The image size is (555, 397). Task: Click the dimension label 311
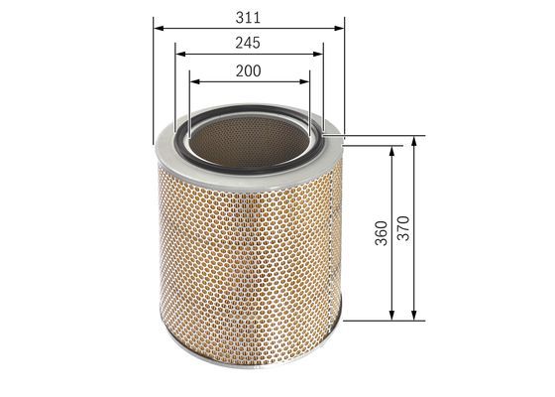point(248,18)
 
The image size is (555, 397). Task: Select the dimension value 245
point(248,43)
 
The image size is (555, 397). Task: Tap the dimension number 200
point(249,70)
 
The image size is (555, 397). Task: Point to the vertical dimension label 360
point(382,233)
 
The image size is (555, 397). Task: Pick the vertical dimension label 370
point(403,228)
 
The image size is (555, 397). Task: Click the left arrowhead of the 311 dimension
point(159,28)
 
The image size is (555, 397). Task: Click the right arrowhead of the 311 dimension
point(339,28)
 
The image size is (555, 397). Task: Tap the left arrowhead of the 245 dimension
point(180,54)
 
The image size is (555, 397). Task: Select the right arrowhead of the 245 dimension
point(318,54)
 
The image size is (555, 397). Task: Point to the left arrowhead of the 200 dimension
point(195,81)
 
